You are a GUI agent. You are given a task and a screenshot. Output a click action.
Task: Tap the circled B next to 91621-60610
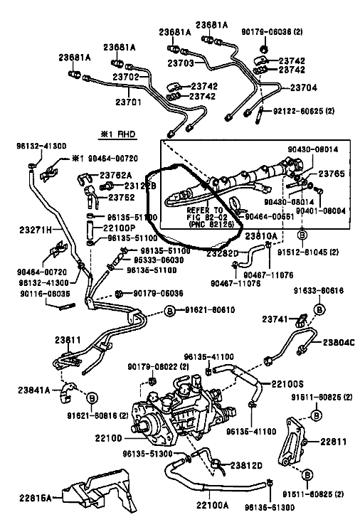(x=170, y=311)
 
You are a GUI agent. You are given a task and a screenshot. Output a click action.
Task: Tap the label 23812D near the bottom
(x=245, y=465)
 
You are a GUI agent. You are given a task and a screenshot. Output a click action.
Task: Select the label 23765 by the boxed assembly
(x=330, y=174)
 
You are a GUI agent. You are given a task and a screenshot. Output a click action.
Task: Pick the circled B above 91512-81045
(x=301, y=235)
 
